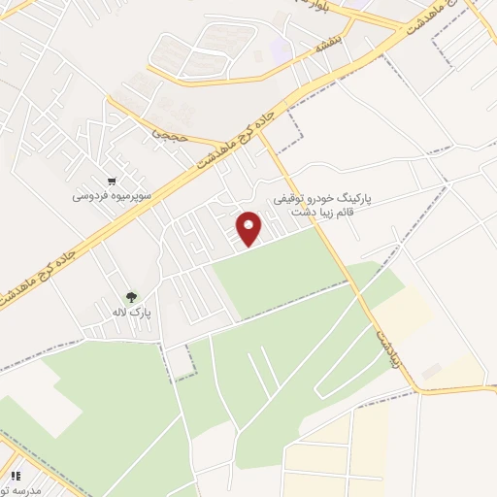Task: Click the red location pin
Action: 250,228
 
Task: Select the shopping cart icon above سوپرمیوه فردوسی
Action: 114,181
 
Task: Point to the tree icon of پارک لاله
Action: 131,297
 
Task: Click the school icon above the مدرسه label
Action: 16,476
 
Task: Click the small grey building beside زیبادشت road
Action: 431,371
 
